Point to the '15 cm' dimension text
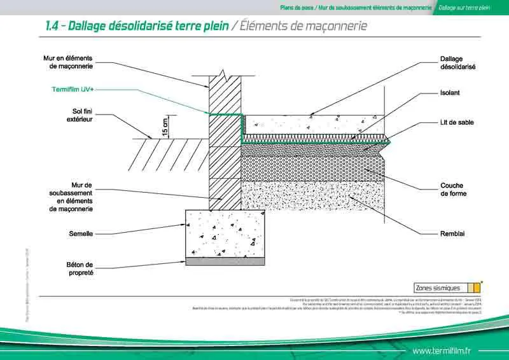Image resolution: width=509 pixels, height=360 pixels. tap(165, 127)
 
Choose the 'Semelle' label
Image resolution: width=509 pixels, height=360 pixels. tap(81, 234)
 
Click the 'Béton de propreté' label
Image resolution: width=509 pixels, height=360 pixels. tap(80, 268)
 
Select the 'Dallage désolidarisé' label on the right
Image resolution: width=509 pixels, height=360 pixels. tap(457, 62)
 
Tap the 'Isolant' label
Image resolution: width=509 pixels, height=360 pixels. tap(450, 93)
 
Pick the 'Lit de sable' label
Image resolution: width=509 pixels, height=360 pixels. tap(456, 122)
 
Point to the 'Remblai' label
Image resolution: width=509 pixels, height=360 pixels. tap(452, 234)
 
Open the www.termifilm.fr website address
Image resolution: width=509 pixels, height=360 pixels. tap(441, 350)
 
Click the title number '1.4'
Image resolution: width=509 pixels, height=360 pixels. tap(53, 26)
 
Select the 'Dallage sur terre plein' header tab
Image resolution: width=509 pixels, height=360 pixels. tap(464, 8)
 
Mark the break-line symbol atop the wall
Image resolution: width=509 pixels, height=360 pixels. tap(221, 74)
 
